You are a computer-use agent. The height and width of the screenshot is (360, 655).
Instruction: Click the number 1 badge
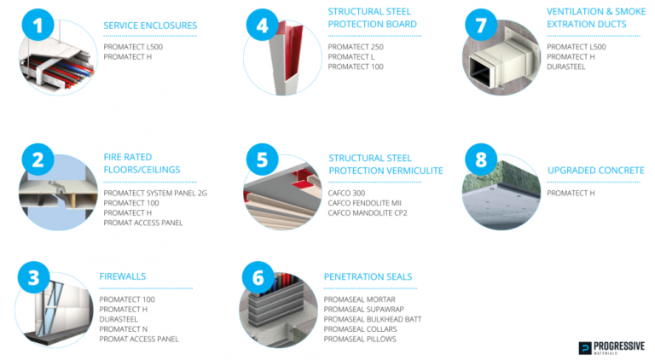click(37, 25)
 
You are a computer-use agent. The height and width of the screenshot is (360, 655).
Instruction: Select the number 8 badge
click(480, 160)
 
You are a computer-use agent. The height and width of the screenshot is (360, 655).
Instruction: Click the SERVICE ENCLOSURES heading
click(150, 26)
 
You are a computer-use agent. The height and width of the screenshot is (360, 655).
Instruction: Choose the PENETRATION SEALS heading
click(368, 277)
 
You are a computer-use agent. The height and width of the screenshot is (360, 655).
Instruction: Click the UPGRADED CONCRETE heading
click(595, 171)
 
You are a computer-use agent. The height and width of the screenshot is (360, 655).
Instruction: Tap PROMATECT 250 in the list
click(356, 46)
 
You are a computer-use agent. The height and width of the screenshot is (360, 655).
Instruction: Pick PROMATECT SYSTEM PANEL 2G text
click(155, 193)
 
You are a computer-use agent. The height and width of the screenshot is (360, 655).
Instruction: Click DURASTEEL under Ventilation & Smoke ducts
click(565, 67)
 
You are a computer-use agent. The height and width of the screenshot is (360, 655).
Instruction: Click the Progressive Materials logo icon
click(584, 347)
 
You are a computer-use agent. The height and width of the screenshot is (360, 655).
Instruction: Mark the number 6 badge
click(258, 277)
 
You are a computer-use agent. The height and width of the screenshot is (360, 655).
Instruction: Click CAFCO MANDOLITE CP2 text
click(368, 212)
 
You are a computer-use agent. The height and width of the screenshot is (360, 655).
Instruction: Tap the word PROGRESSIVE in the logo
click(620, 345)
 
